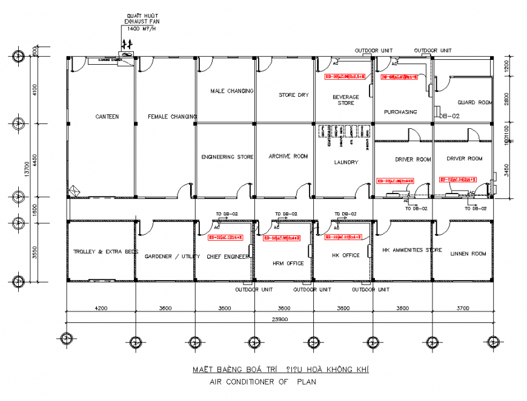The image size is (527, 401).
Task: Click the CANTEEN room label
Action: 107,116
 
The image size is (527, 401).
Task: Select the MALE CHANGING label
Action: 231,91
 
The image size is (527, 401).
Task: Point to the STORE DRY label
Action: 294,95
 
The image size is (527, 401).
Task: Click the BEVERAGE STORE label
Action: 346,100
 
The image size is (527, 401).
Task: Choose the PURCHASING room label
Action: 400,112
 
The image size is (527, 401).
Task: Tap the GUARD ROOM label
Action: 475,103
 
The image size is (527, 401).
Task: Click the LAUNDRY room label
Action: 346,162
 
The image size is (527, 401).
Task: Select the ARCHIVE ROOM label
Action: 288,156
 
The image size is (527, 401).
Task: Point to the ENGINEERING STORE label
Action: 227,157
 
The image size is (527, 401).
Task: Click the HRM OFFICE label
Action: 287,262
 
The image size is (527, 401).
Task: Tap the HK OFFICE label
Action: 346,255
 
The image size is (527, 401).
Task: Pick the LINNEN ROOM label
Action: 468,254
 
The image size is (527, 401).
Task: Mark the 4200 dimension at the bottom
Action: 101,308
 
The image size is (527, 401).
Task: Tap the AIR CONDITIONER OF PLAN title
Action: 262,382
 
